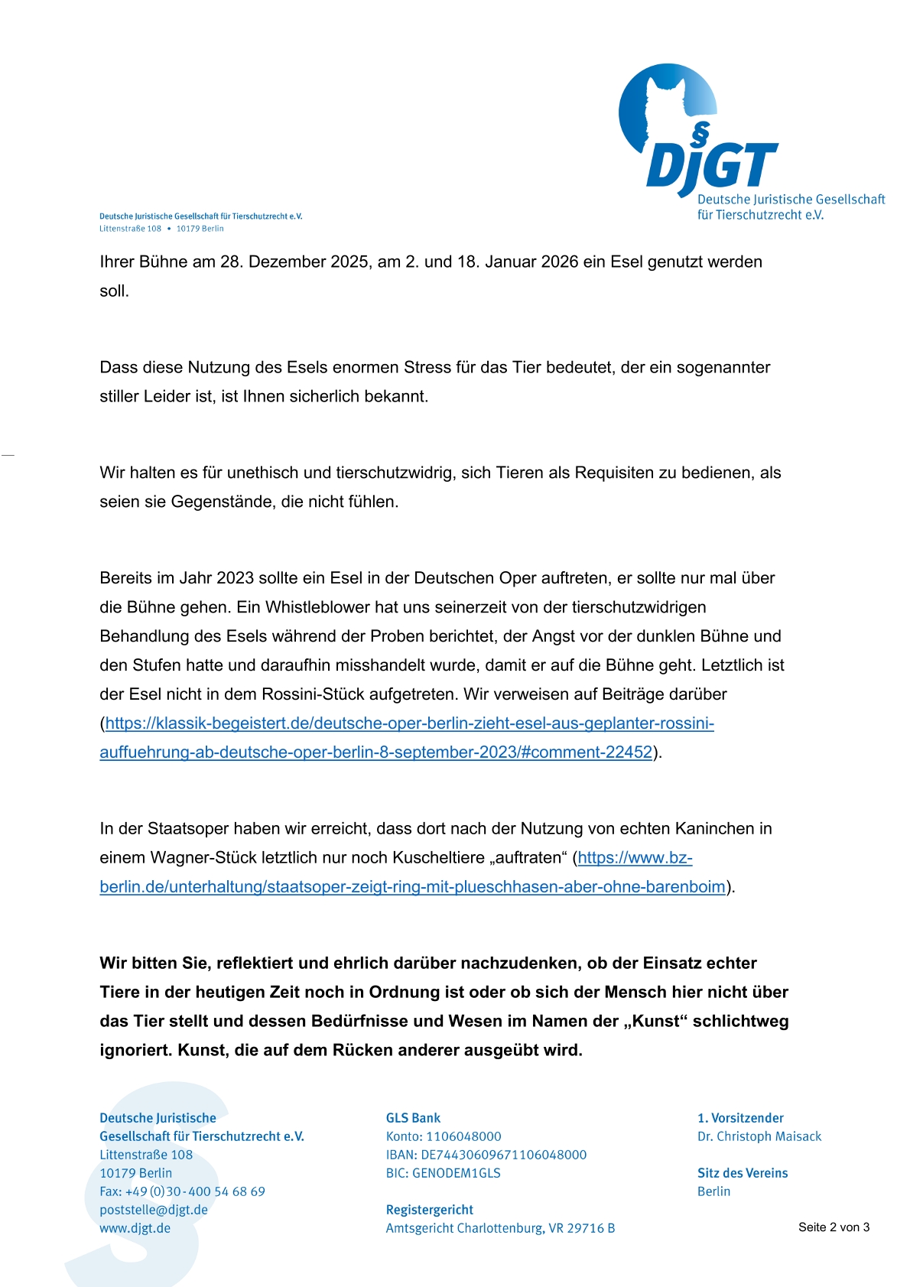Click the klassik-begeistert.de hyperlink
pos(409,723)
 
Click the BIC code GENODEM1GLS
pos(457,1173)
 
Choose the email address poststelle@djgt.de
pos(154,1210)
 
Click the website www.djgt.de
pos(135,1228)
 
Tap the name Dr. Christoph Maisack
pos(759,1136)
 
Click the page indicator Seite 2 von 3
pos(834,1227)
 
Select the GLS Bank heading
pos(413,1118)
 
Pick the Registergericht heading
pos(429,1210)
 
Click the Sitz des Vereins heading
pos(742,1173)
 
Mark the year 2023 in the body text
pos(235,578)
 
